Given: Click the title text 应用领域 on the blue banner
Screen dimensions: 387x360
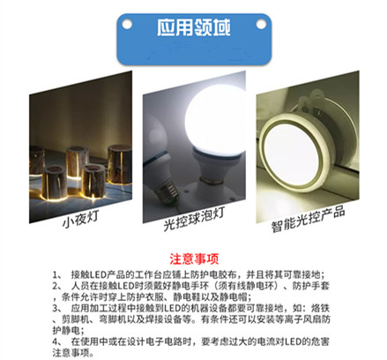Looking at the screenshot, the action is [193, 27].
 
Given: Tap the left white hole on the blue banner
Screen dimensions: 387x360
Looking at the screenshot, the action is [127, 24].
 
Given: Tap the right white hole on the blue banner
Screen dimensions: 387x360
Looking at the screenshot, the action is [261, 24].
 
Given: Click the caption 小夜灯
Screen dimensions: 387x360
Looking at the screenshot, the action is [79, 219].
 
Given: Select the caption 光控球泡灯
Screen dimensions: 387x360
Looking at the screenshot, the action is [194, 219].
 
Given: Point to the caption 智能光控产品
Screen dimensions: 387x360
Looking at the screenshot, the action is [308, 219].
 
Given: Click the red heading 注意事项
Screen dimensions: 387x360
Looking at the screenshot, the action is [194, 259].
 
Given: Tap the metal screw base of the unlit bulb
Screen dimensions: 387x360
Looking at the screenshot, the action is [167, 193].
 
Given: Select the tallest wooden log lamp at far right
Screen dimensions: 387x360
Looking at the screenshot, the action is [120, 164].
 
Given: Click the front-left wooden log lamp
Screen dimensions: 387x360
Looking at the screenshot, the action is [54, 183].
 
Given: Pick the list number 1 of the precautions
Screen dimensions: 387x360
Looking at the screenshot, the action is [56, 275].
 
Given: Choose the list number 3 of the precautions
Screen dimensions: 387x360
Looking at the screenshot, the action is [56, 309].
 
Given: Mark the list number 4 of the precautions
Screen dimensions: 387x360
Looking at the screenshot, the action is [56, 342].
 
